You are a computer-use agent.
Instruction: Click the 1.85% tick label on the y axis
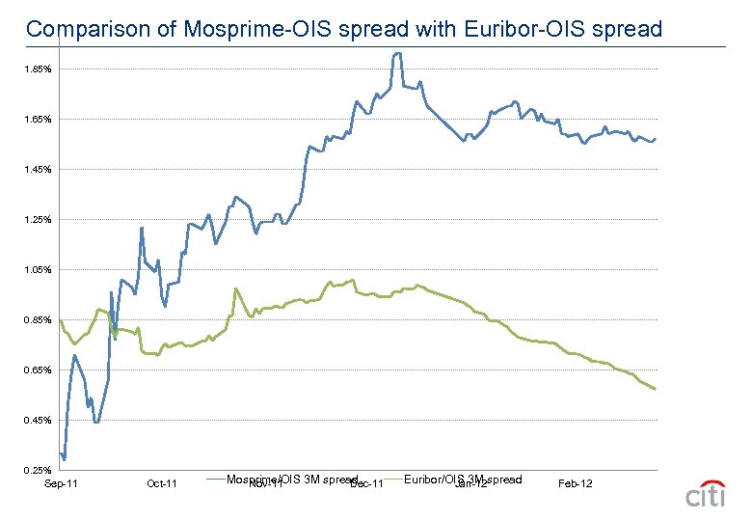tap(39, 69)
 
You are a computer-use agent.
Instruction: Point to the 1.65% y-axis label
tap(39, 120)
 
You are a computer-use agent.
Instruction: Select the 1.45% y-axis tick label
tap(39, 170)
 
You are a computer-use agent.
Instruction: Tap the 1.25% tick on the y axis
tap(39, 220)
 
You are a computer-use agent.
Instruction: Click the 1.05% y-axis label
tap(39, 270)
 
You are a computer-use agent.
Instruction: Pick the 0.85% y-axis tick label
tap(39, 320)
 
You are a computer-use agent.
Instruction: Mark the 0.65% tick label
tap(39, 370)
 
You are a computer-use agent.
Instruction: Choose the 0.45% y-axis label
tap(39, 421)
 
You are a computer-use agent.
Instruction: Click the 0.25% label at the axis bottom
tap(39, 471)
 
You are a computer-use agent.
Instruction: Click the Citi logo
tap(705, 493)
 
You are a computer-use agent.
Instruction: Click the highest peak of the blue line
tap(396, 54)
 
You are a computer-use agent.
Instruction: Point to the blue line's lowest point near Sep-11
tap(64, 458)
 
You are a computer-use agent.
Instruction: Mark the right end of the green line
tap(656, 389)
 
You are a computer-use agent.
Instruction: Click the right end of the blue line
tap(656, 139)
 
